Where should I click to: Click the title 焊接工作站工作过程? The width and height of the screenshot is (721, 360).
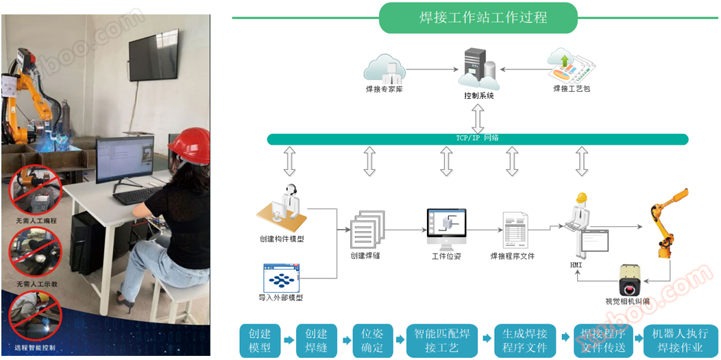[x=478, y=17]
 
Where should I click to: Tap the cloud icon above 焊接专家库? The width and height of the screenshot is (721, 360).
[x=384, y=68]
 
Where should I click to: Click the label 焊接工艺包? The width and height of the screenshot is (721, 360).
[x=571, y=89]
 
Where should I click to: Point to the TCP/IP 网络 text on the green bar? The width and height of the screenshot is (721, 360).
[x=478, y=139]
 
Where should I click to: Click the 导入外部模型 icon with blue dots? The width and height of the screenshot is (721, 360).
[x=282, y=279]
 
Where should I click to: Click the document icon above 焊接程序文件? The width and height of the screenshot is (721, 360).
[x=513, y=230]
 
